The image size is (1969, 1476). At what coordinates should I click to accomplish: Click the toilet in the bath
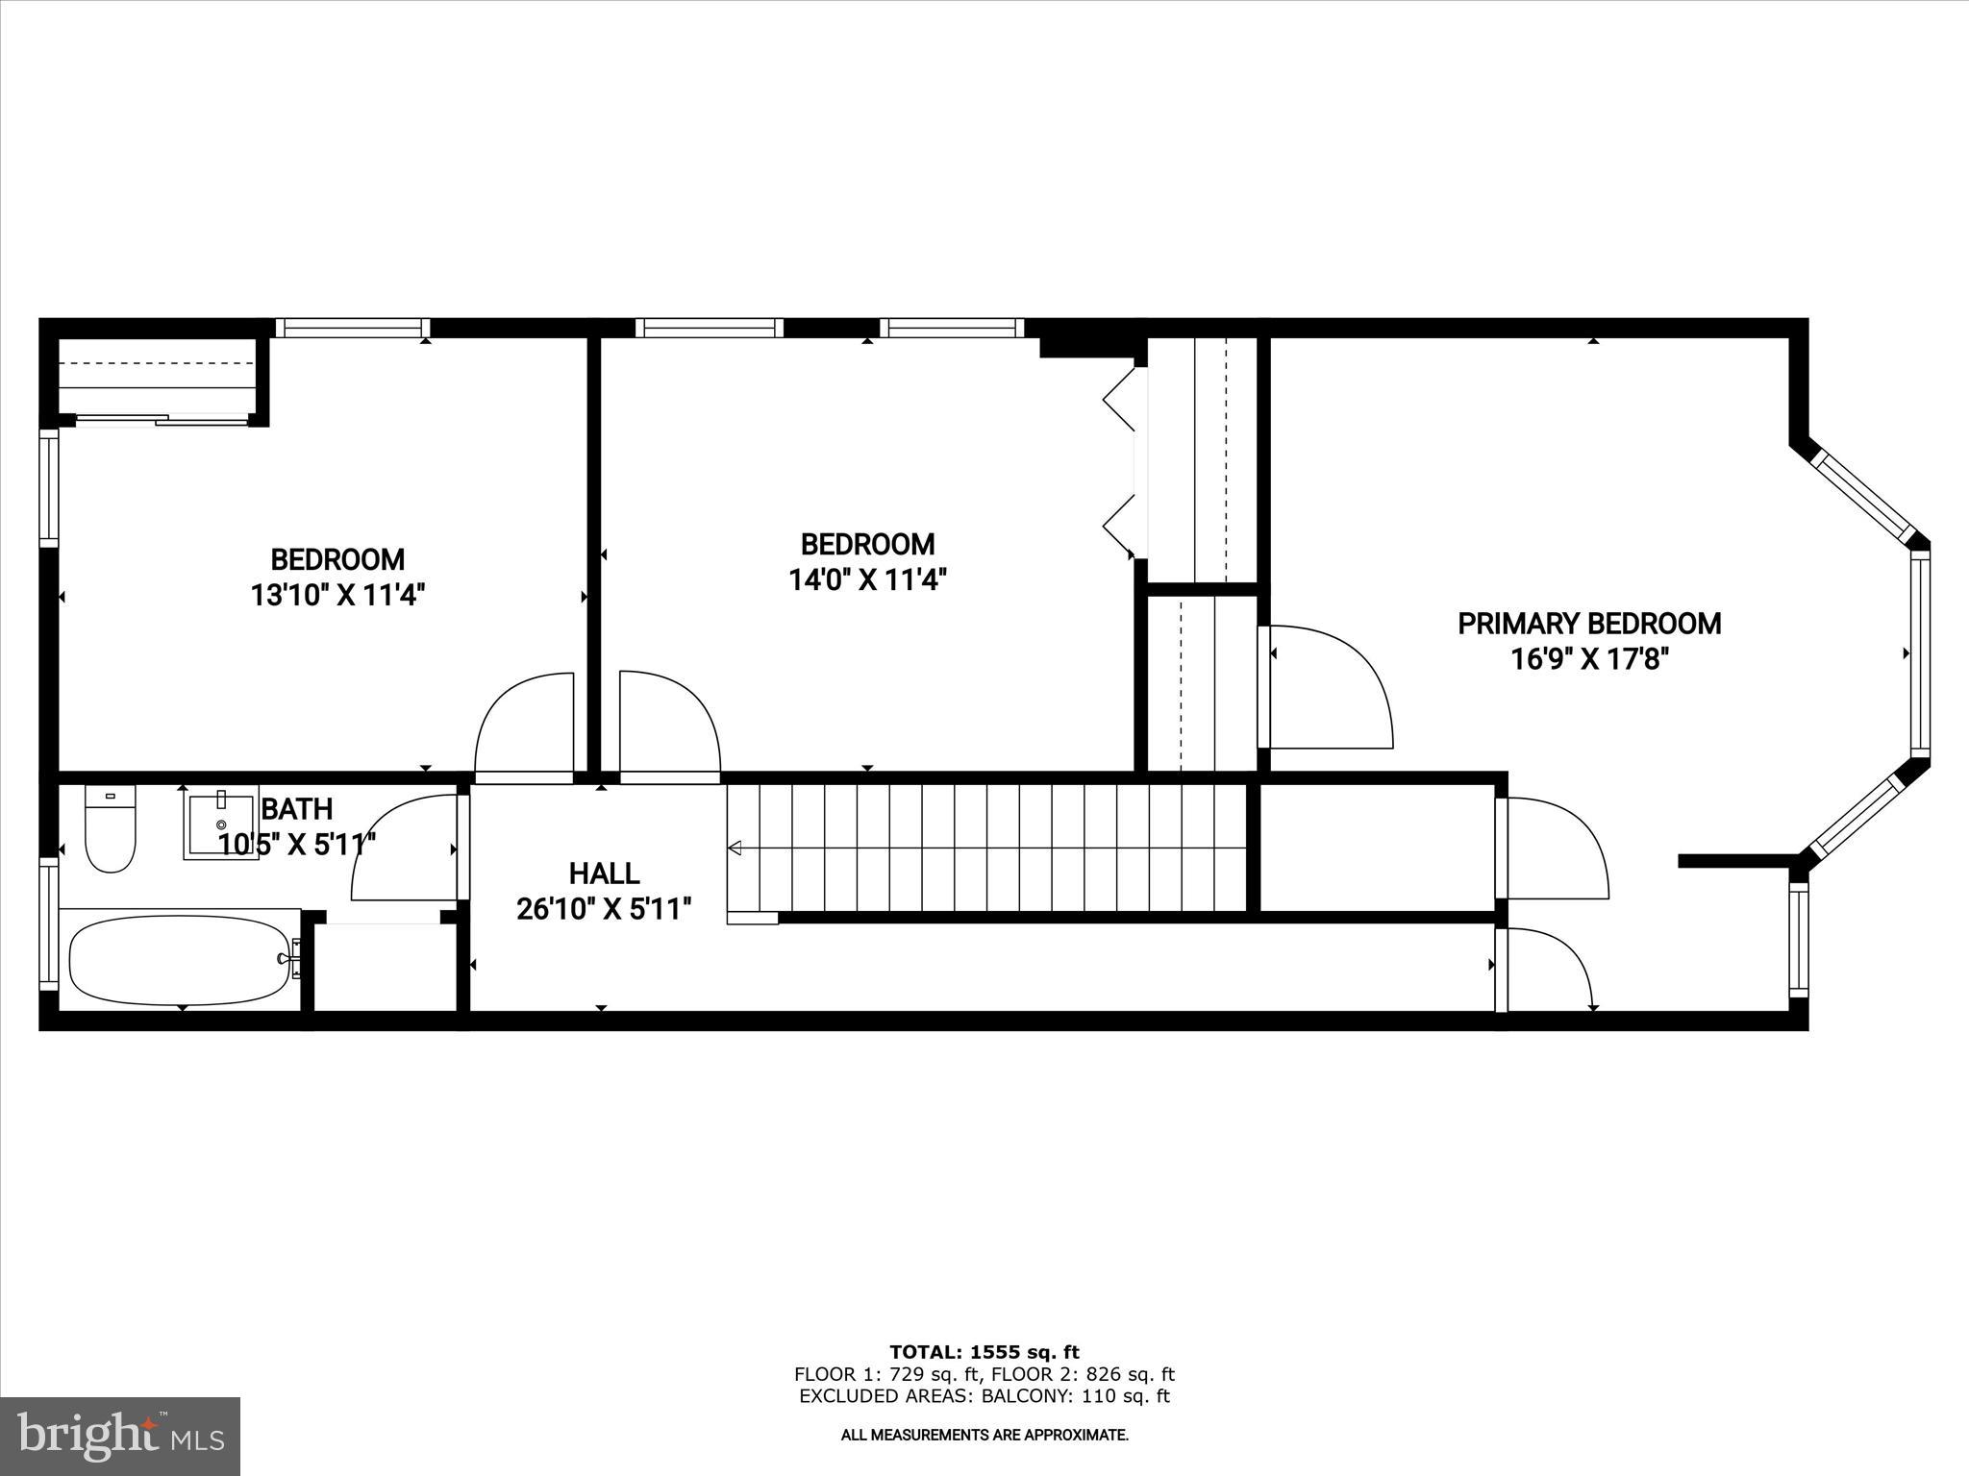110,830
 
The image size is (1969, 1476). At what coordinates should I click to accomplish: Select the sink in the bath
221,824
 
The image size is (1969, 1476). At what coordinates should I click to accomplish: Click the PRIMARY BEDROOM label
1589,624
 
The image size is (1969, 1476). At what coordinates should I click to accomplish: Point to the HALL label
604,873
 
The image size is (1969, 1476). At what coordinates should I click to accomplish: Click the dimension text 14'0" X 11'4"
867,580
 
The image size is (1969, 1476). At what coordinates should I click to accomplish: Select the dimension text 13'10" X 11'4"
337,596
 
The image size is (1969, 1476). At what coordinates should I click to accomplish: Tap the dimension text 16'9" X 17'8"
1589,660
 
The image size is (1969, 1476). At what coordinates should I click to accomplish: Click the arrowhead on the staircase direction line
735,848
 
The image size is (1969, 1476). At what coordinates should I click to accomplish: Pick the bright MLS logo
120,1437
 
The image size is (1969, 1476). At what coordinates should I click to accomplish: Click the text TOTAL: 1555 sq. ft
984,1352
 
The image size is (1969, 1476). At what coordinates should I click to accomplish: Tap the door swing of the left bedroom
524,726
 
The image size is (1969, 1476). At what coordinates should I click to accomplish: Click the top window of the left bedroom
352,328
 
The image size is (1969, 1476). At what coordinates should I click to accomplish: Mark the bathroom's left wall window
48,922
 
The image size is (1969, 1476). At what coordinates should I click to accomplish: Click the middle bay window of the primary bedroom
1919,653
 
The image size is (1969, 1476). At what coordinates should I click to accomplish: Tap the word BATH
296,808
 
